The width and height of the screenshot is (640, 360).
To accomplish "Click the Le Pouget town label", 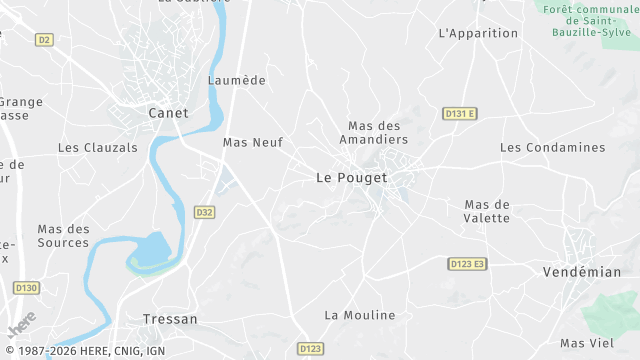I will (x=351, y=177).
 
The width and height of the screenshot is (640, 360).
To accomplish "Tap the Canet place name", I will (x=168, y=113).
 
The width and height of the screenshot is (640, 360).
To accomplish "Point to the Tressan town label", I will (x=169, y=319).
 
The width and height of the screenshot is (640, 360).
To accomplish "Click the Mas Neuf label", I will (x=253, y=143).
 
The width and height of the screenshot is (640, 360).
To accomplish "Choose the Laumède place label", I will (x=236, y=80).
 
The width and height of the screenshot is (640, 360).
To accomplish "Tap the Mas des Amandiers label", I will (x=374, y=132).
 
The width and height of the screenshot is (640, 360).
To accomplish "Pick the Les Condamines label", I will (x=552, y=147).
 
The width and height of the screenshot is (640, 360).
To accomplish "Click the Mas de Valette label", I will (x=487, y=211).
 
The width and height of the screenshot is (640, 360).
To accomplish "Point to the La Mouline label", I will (x=360, y=315).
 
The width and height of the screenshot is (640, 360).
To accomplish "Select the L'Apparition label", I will (x=479, y=33).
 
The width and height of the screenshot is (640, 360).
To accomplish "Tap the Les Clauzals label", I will (x=98, y=147).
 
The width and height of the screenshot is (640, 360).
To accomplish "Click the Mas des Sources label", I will (x=64, y=236).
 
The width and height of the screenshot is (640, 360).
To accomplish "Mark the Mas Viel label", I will (x=586, y=343).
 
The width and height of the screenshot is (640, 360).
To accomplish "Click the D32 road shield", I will (x=204, y=212).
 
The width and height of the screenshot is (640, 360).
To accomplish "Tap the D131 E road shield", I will (x=460, y=114).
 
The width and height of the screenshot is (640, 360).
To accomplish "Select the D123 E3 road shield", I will (x=467, y=264).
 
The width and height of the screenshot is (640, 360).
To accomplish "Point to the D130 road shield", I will (x=26, y=288).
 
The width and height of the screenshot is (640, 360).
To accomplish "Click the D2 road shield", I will (x=43, y=40).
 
